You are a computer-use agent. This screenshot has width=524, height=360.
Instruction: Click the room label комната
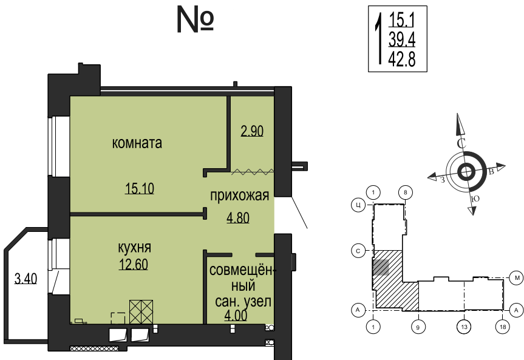[137, 143]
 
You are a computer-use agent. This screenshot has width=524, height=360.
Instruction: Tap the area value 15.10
[140, 188]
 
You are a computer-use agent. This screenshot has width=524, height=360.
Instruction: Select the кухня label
[134, 248]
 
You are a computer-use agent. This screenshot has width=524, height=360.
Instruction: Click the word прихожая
[239, 195]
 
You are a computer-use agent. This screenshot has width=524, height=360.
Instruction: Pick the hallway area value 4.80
[239, 217]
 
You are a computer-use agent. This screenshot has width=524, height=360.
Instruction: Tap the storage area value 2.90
[251, 131]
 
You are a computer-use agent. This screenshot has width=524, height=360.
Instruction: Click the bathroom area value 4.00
[237, 316]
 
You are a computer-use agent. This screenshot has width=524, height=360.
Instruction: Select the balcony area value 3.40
[26, 279]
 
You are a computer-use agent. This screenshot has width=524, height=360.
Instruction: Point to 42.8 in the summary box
[401, 59]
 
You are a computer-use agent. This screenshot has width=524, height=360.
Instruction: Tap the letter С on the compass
[461, 144]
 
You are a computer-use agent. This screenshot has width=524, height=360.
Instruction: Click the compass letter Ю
[476, 199]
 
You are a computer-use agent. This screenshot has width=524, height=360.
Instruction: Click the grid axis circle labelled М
[517, 276]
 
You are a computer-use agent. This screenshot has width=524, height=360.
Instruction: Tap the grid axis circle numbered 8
[406, 192]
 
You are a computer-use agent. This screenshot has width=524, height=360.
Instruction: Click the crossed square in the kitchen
[141, 312]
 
